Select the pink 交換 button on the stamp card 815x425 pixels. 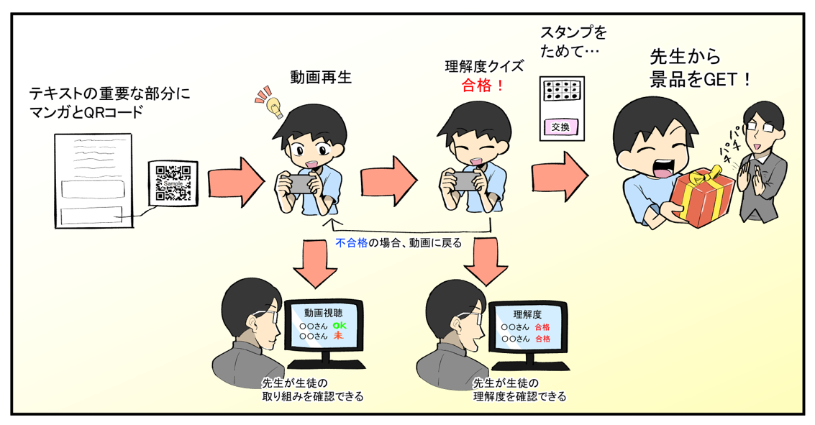pyautogui.click(x=560, y=127)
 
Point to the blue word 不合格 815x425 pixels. pyautogui.click(x=352, y=243)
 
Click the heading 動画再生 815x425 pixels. pyautogui.click(x=321, y=76)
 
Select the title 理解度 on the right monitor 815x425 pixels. pyautogui.click(x=527, y=315)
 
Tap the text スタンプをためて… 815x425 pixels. pyautogui.click(x=573, y=43)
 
